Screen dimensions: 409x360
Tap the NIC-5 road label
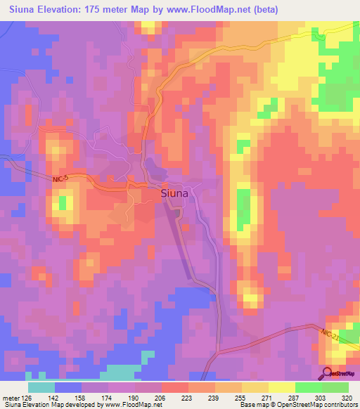[x=63, y=180]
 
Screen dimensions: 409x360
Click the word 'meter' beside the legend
[x=10, y=398]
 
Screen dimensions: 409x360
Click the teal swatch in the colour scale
[x=41, y=387]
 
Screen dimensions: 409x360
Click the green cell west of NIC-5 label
[x=63, y=204]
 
